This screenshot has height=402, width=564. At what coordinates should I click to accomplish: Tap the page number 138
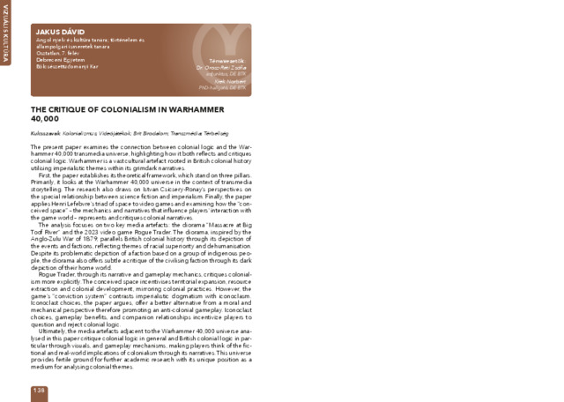[39, 389]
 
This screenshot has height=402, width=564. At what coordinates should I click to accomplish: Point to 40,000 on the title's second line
[45, 117]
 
